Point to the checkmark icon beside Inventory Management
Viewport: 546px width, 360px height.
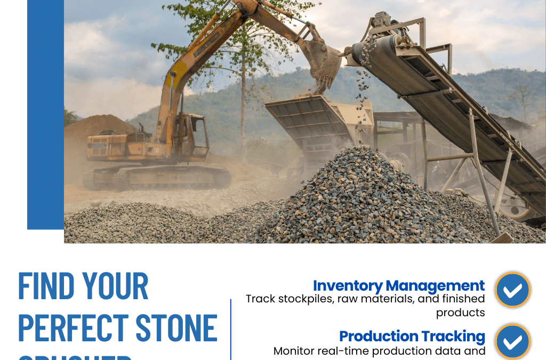(512, 290)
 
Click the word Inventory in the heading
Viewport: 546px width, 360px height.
(347, 286)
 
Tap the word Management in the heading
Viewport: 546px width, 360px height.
(435, 286)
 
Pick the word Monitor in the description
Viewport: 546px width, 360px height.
(295, 351)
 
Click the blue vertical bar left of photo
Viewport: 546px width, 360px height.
(45, 115)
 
